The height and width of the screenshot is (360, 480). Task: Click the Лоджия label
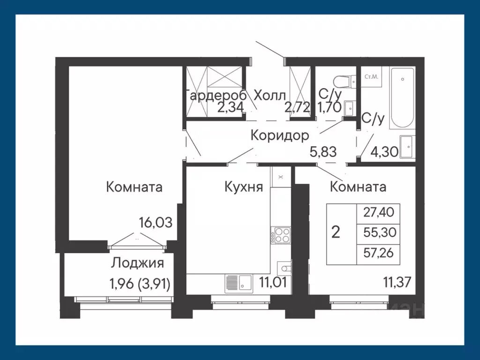[137, 263]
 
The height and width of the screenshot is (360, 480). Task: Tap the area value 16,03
[156, 222]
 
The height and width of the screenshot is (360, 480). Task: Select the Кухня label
[243, 187]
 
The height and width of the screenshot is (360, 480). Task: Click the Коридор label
[279, 135]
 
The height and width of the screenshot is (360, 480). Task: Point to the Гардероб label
[217, 95]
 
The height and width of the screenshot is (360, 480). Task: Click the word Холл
[270, 95]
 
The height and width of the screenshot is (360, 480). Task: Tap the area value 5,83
[323, 151]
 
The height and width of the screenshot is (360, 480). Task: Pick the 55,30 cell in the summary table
[379, 232]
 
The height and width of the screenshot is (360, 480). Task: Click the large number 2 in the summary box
[336, 232]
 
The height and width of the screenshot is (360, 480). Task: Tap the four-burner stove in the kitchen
[281, 235]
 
